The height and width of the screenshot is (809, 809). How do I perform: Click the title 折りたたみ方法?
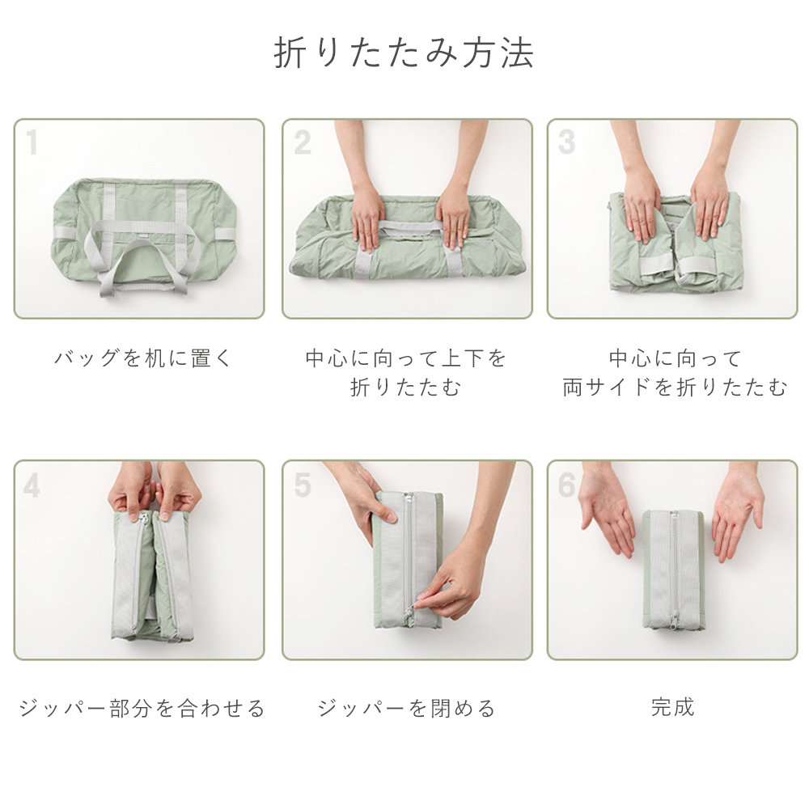coord(404,53)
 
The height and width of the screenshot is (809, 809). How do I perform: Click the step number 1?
coord(32,142)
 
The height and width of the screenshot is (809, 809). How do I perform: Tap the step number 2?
coord(303,142)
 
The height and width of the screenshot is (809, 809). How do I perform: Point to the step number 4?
coord(32,485)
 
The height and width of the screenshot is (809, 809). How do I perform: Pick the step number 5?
coord(303,485)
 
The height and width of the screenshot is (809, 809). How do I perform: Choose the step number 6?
coord(566,485)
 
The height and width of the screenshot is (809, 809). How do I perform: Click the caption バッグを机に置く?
coord(143,358)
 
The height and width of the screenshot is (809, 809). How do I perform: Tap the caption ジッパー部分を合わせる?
coord(142,708)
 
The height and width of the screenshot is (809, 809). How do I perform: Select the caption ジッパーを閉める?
coord(407,708)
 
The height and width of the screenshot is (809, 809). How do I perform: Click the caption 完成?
coord(672,707)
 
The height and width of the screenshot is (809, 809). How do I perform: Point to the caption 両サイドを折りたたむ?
coord(675,387)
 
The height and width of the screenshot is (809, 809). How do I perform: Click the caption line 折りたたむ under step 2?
coord(405,387)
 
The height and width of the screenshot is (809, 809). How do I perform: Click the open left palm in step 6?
coord(608,516)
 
